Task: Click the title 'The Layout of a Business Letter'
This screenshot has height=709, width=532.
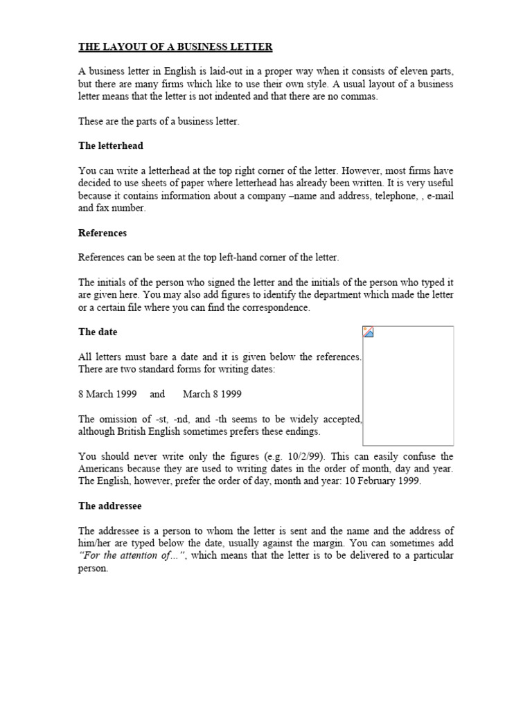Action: click(175, 47)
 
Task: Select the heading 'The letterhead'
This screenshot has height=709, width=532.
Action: click(111, 145)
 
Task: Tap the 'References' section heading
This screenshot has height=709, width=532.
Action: click(103, 233)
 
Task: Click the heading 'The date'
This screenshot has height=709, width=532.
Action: click(98, 332)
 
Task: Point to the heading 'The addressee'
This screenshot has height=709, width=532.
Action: click(110, 506)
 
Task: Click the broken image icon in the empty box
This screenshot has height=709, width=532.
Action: click(369, 332)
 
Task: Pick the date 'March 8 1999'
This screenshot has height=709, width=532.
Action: click(212, 394)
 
